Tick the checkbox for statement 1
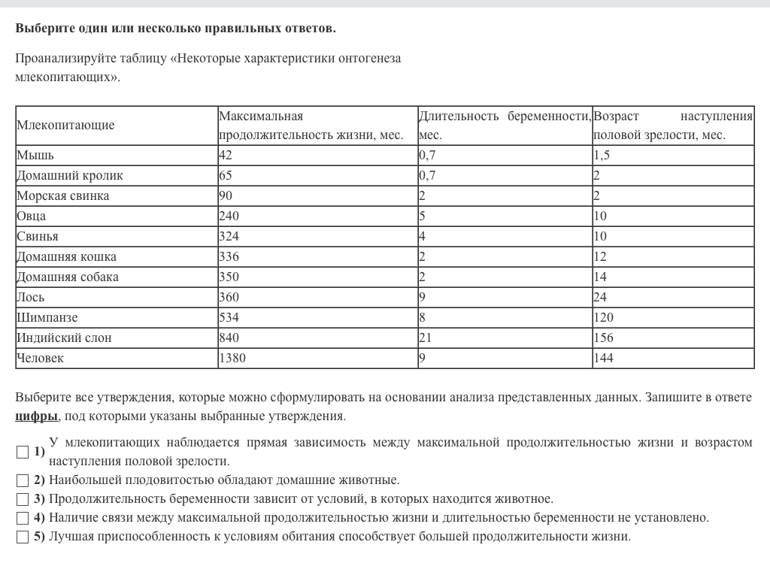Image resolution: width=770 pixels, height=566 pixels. point(23,452)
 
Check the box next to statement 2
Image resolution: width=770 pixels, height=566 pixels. point(23,480)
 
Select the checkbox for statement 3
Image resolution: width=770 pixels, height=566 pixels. point(23,498)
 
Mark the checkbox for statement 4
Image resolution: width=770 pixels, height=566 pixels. point(23,517)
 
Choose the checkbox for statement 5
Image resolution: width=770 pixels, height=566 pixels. point(23,537)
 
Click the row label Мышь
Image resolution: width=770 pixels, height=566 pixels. point(35,156)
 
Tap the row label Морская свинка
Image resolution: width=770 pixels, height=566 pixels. point(63,196)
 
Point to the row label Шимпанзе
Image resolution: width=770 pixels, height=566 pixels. point(47,318)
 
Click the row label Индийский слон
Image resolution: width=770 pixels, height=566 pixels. point(64,338)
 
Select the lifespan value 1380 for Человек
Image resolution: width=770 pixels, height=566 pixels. point(232,359)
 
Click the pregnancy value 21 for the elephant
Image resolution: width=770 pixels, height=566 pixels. point(426,338)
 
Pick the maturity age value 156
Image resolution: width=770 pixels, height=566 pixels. point(603,338)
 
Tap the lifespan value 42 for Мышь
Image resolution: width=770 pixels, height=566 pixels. point(226,156)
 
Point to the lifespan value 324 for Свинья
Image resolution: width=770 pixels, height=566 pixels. point(229,237)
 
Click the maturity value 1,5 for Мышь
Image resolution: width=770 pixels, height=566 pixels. point(602,156)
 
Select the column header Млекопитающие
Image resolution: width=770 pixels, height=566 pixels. point(65,126)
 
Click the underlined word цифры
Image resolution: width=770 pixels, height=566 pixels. point(36,416)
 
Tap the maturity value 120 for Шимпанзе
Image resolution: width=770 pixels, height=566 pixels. point(603,318)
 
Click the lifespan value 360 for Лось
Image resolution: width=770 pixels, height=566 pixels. point(229,298)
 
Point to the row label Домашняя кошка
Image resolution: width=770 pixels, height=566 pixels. point(67,257)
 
